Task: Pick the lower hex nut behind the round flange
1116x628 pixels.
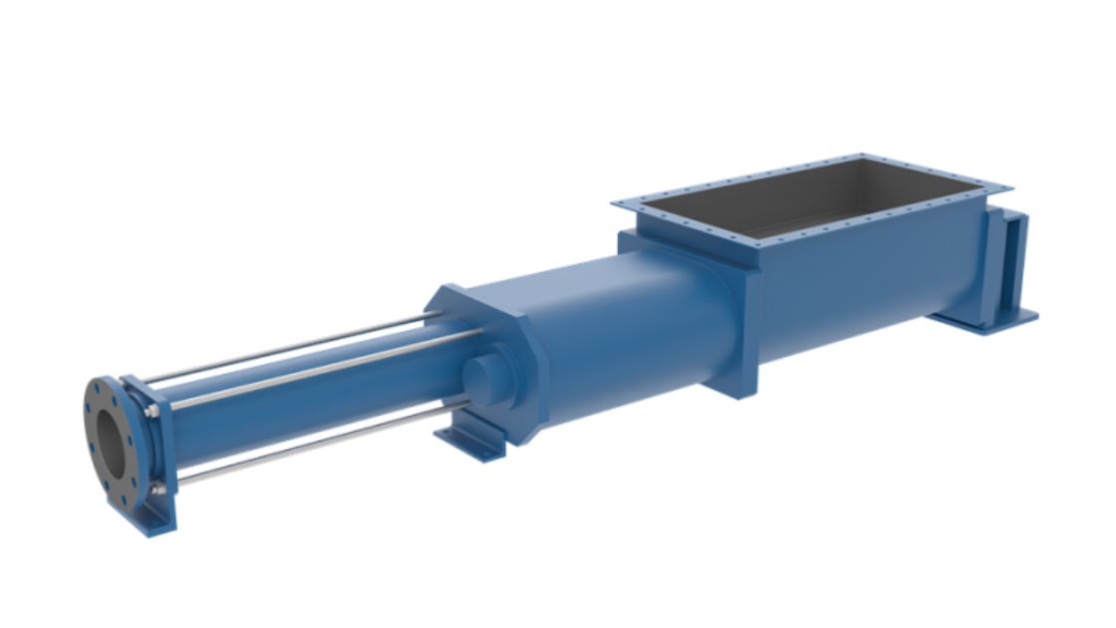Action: (x=157, y=487)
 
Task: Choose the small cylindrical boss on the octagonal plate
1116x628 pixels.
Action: (x=483, y=378)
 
